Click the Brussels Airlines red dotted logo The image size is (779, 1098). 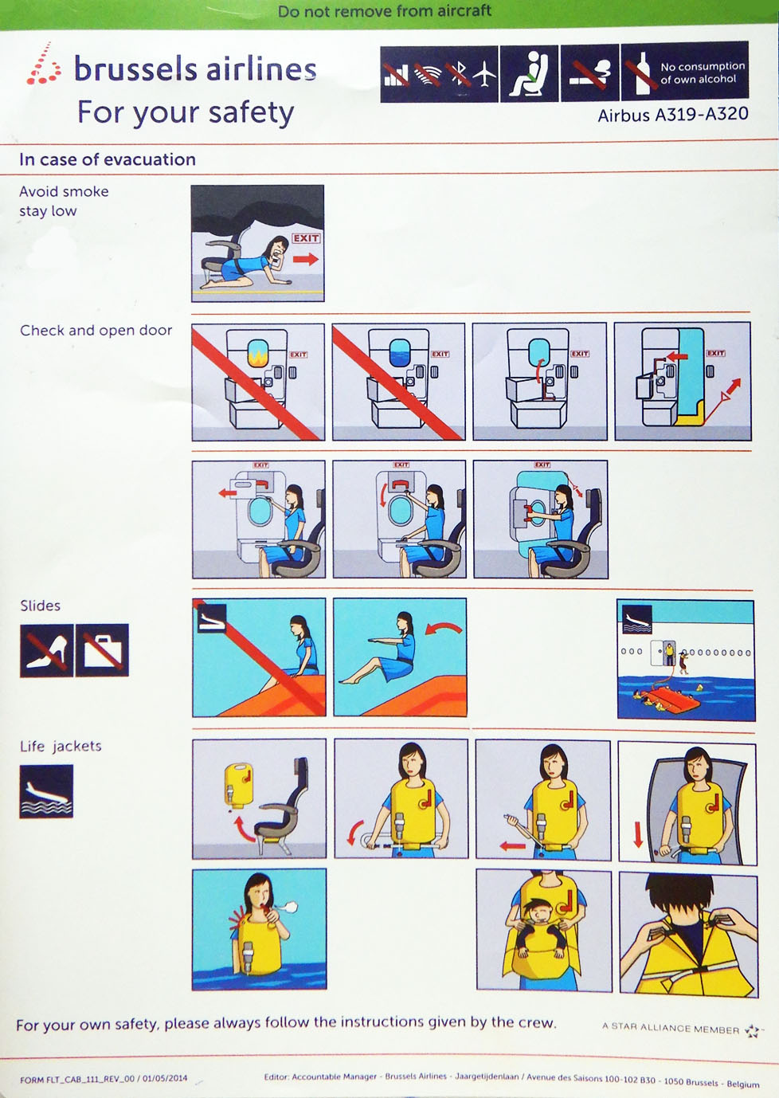(44, 64)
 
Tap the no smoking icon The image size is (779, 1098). (589, 73)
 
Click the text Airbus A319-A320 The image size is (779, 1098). (673, 115)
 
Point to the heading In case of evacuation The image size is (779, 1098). (108, 159)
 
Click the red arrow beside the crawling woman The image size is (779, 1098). (306, 259)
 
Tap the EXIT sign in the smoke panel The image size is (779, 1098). (306, 238)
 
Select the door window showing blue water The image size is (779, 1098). (399, 353)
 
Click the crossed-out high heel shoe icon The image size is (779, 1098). (47, 650)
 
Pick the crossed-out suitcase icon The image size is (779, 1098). (102, 650)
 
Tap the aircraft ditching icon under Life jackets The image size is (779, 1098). (46, 791)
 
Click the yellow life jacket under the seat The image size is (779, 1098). (238, 785)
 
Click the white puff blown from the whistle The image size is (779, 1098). (288, 908)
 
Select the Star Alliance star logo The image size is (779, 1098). (752, 1031)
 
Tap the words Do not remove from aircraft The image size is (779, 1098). (385, 11)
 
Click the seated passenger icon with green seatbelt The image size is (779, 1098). (529, 73)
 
